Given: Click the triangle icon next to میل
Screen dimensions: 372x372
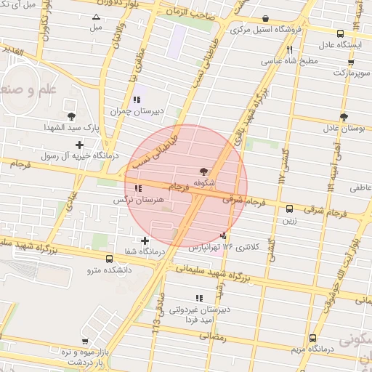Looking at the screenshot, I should click(97, 17).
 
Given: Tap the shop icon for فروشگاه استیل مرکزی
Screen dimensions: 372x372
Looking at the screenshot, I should click(264, 19).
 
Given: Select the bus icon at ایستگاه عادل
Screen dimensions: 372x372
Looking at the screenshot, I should click(341, 33).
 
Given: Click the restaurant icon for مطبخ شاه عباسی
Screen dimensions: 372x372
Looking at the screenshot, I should click(289, 50).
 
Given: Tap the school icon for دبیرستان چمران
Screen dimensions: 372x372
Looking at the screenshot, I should click(137, 100).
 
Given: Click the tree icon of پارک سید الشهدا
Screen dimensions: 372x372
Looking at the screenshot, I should click(71, 116).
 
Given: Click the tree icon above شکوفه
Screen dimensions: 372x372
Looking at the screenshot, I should click(203, 171).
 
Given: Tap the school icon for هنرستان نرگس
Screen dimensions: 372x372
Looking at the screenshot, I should click(138, 189).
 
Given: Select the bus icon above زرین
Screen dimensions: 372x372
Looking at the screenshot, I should click(290, 208).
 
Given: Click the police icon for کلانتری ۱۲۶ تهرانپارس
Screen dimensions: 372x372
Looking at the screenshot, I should click(224, 235).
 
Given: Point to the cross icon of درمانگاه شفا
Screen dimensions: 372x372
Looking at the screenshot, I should click(145, 240).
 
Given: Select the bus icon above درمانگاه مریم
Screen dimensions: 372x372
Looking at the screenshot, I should click(312, 338).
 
